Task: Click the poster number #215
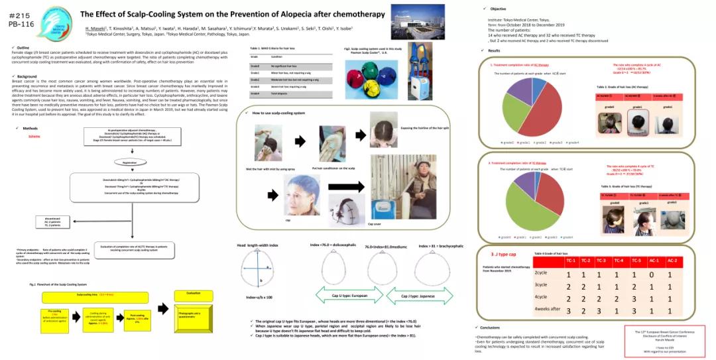(x=20, y=13)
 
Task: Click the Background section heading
(x=27, y=76)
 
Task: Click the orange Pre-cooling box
(x=55, y=315)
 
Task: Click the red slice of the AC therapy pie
(x=554, y=113)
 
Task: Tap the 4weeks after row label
(x=548, y=309)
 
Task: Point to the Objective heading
(x=498, y=8)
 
